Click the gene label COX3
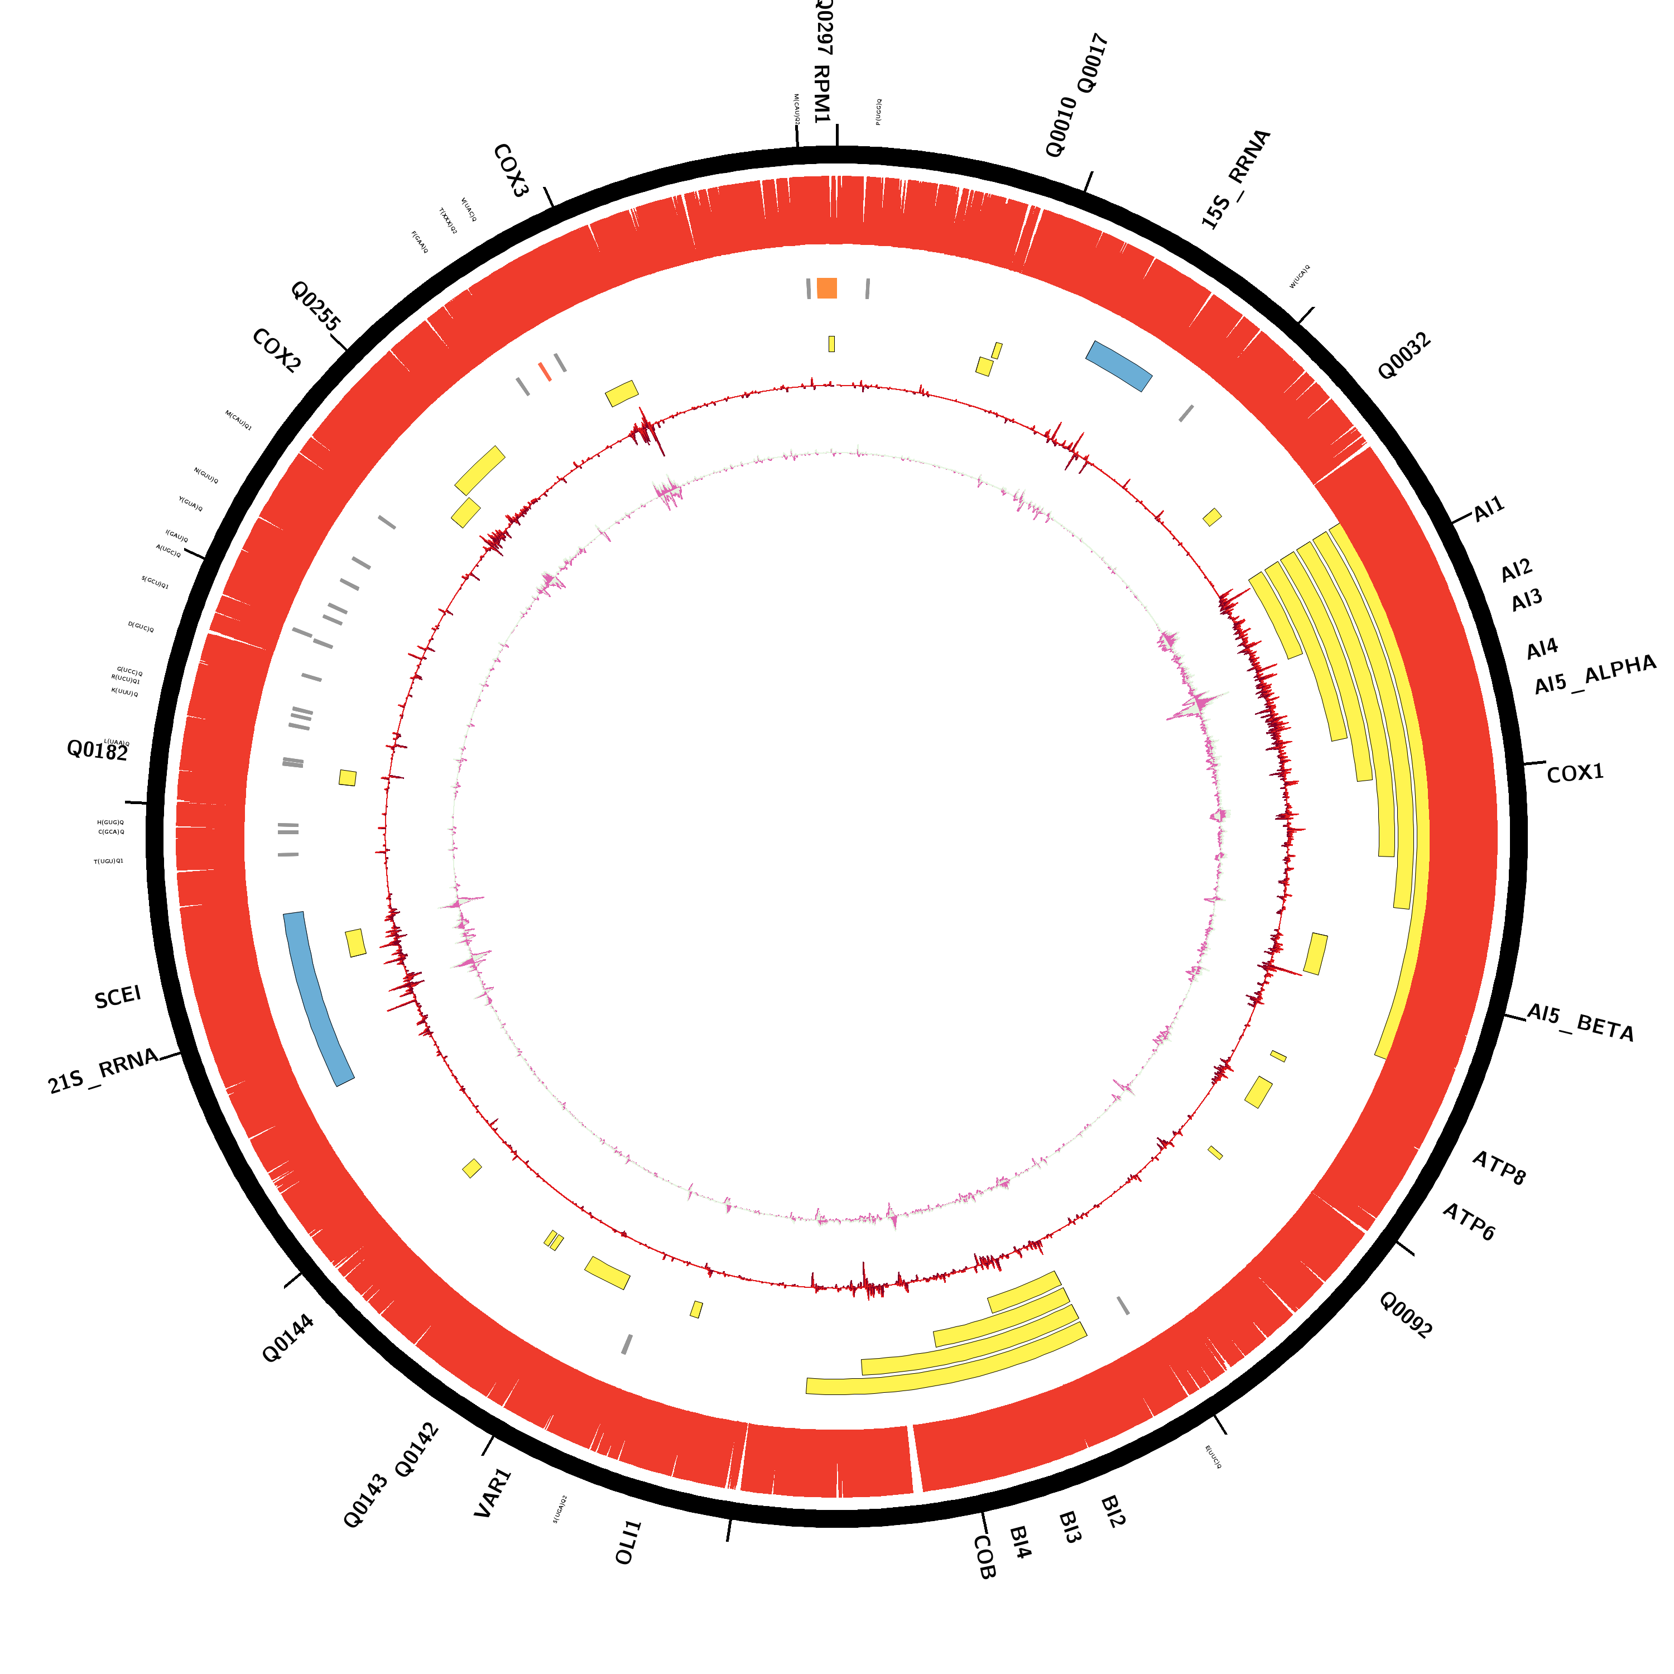pyautogui.click(x=511, y=171)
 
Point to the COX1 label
pyautogui.click(x=1575, y=773)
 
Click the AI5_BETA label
pyautogui.click(x=1580, y=1022)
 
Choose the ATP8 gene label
pyautogui.click(x=1499, y=1168)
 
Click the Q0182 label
pyautogui.click(x=97, y=751)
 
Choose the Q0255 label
pyautogui.click(x=315, y=306)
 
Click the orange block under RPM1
pyautogui.click(x=826, y=288)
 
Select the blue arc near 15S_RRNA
pyautogui.click(x=1119, y=365)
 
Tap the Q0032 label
pyautogui.click(x=1404, y=356)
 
